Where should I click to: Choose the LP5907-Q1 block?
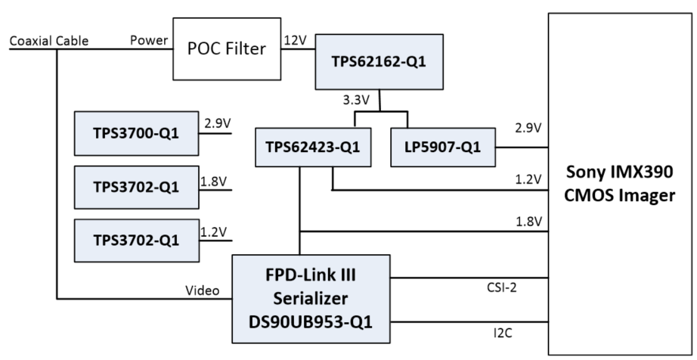441,148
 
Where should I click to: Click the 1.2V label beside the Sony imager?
527,179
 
